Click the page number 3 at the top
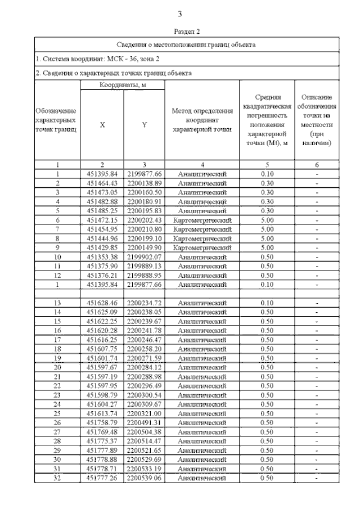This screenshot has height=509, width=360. coord(179,14)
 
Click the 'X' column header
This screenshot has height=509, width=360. coord(102,125)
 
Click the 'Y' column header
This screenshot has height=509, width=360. coord(145,125)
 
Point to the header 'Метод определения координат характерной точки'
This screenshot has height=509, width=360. coord(202,120)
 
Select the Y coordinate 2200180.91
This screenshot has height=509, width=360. coord(145,201)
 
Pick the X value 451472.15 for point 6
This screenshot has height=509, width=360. coord(102,220)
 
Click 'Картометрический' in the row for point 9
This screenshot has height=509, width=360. coord(202,247)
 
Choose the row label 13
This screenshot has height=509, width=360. coord(57,303)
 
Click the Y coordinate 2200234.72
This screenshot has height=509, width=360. coord(145,303)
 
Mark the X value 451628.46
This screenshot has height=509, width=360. coord(102,303)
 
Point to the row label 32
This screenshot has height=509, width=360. coord(57,478)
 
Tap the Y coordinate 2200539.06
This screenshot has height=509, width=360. coord(145,478)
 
